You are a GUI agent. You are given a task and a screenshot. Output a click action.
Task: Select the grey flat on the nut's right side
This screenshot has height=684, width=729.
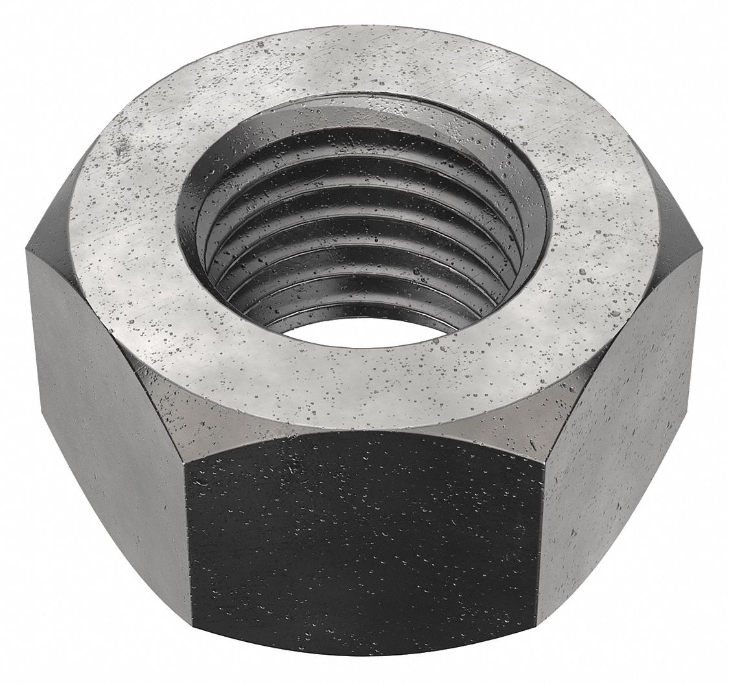622,415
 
